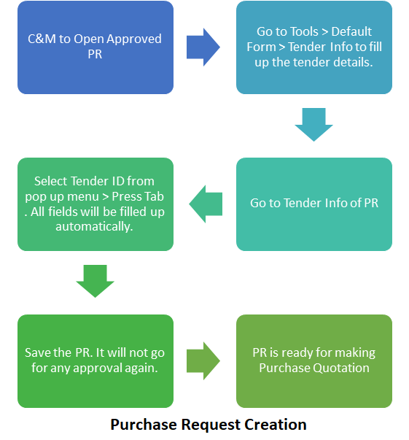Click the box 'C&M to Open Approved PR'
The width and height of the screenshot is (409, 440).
[96, 47]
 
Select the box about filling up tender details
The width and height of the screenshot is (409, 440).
[314, 47]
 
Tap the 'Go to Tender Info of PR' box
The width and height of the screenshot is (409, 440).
[314, 204]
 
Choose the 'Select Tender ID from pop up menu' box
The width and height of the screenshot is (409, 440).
[96, 204]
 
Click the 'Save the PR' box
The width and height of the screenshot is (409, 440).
[96, 361]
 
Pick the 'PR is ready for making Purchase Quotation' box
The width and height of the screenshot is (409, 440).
[314, 361]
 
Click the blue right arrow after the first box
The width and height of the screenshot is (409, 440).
[203, 47]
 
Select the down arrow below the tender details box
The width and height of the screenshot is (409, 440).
[314, 125]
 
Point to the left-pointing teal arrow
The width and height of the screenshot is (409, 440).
[206, 204]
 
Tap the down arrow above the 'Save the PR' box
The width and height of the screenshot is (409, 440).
[95, 281]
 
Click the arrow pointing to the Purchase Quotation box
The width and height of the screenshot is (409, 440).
[203, 361]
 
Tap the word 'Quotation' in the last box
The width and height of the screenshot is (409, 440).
[341, 368]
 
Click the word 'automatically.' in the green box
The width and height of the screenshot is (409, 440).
[94, 226]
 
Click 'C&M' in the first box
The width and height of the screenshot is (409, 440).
[42, 39]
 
